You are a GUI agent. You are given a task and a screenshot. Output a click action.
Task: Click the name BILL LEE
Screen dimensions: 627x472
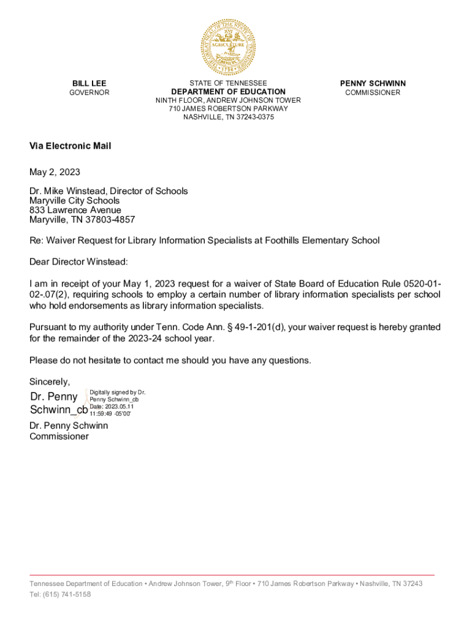[x=89, y=83]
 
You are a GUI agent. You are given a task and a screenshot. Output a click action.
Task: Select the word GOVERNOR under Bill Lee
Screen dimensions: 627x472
[x=89, y=92]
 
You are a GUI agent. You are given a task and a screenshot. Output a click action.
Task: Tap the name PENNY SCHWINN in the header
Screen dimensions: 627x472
[x=373, y=83]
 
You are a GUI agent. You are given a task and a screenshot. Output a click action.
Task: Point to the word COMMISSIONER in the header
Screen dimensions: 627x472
[x=373, y=92]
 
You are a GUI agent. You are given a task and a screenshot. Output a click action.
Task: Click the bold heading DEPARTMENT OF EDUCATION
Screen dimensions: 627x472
[x=228, y=92]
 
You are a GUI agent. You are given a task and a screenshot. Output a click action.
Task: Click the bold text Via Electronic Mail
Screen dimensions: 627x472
[x=70, y=146]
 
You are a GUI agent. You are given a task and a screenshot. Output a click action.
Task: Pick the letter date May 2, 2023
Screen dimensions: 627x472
[x=55, y=172]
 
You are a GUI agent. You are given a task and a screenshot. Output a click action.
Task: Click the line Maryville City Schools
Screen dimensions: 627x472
[x=75, y=200]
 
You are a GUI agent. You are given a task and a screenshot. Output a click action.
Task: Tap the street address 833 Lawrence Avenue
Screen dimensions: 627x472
[x=75, y=210]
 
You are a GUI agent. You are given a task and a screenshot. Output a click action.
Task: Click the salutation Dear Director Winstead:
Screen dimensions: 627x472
[x=79, y=262]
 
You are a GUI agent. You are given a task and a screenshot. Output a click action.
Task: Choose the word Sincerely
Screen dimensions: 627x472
[x=50, y=381]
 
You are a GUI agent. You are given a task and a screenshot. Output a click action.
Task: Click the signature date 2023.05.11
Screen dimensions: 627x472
[x=119, y=407]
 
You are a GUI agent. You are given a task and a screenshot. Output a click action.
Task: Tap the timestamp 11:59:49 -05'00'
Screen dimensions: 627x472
[x=110, y=414]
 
